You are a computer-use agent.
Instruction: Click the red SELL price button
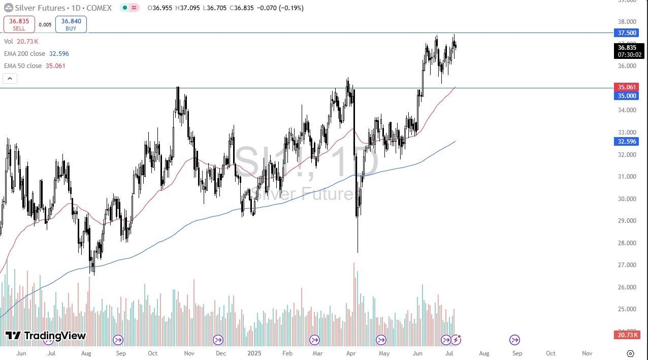coord(19,24)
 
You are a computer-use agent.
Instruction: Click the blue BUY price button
coord(71,24)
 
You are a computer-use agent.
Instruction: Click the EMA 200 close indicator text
coord(36,53)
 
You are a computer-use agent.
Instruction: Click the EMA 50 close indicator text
coord(35,66)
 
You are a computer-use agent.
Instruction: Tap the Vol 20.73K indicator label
coord(21,41)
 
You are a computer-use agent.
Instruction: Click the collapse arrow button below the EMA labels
coord(10,78)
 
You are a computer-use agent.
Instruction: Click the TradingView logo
coord(46,336)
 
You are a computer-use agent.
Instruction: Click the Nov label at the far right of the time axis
coord(587,353)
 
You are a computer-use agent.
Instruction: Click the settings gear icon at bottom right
coord(630,353)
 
